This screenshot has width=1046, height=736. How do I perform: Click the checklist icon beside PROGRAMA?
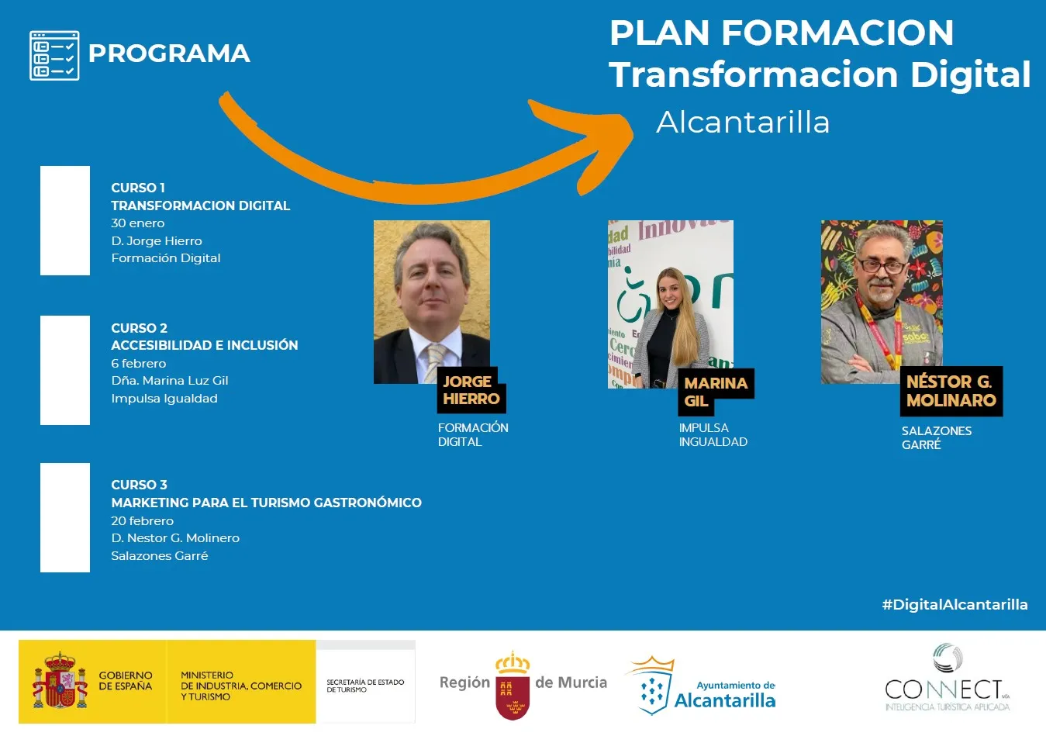click(x=54, y=56)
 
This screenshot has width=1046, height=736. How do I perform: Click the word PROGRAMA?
click(x=169, y=54)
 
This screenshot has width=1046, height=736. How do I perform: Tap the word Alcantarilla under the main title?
click(x=743, y=123)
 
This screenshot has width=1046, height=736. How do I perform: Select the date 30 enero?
click(x=138, y=223)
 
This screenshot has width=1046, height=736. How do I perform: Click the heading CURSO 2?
click(x=139, y=328)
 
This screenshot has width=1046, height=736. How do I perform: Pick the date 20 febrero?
click(x=143, y=520)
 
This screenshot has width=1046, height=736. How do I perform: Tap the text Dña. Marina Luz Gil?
click(x=170, y=381)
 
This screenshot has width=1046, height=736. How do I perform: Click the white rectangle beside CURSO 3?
click(x=65, y=517)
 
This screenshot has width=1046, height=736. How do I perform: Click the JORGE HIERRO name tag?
click(x=471, y=390)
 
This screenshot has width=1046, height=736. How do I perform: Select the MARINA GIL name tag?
click(x=716, y=392)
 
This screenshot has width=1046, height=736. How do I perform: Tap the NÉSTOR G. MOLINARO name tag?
click(x=951, y=392)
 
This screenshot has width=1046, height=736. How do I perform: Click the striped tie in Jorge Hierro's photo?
click(x=434, y=362)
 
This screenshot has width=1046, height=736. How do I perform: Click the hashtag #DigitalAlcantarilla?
click(x=955, y=605)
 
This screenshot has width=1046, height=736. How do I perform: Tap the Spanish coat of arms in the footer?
click(x=60, y=682)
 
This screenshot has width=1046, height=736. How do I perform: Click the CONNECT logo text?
click(x=944, y=689)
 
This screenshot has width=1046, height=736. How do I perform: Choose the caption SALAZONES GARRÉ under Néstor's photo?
click(x=936, y=438)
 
